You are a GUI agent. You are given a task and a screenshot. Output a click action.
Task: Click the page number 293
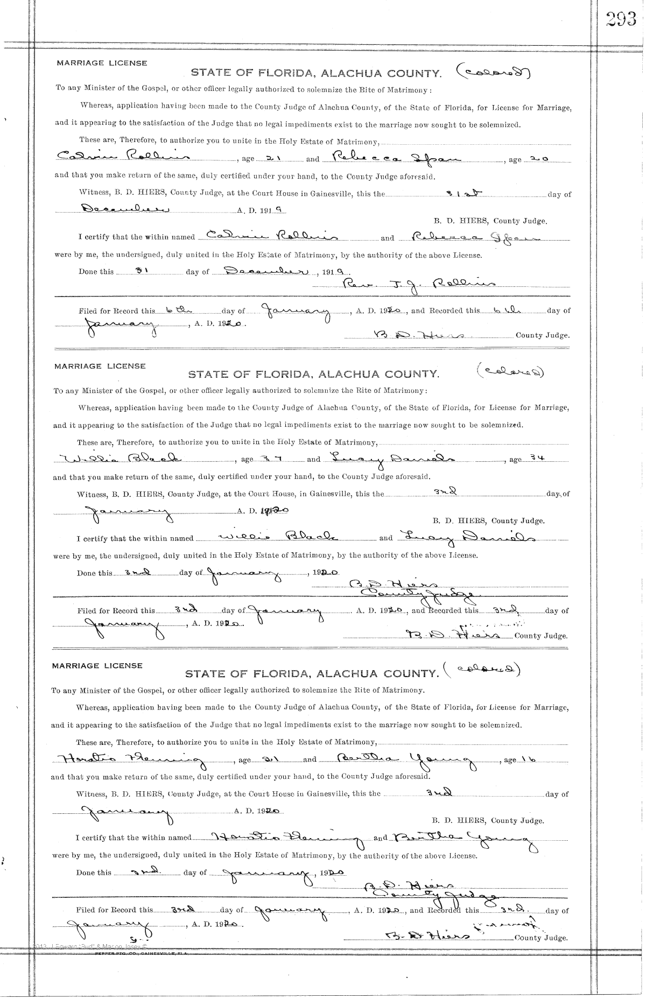(621, 19)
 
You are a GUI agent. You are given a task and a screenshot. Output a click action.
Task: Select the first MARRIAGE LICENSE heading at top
(102, 63)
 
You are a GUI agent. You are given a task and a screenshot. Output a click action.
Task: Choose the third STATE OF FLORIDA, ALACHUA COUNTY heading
(312, 673)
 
